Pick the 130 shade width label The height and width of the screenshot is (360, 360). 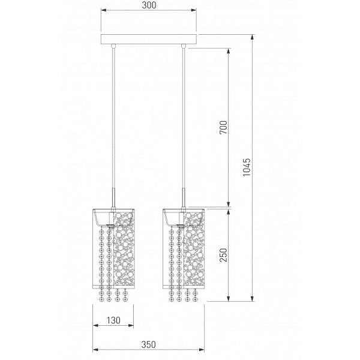tap(113, 322)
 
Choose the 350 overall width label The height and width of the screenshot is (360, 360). tap(148, 344)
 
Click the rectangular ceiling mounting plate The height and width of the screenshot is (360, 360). tap(148, 42)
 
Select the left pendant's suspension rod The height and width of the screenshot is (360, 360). tap(113, 120)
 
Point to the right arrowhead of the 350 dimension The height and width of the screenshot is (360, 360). tap(203, 350)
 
